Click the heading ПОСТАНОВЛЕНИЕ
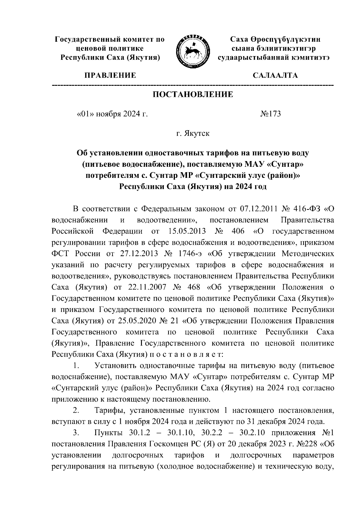click(193, 95)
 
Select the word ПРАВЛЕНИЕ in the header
click(110, 75)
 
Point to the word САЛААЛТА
click(275, 75)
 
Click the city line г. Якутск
click(193, 133)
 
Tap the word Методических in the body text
click(307, 254)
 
